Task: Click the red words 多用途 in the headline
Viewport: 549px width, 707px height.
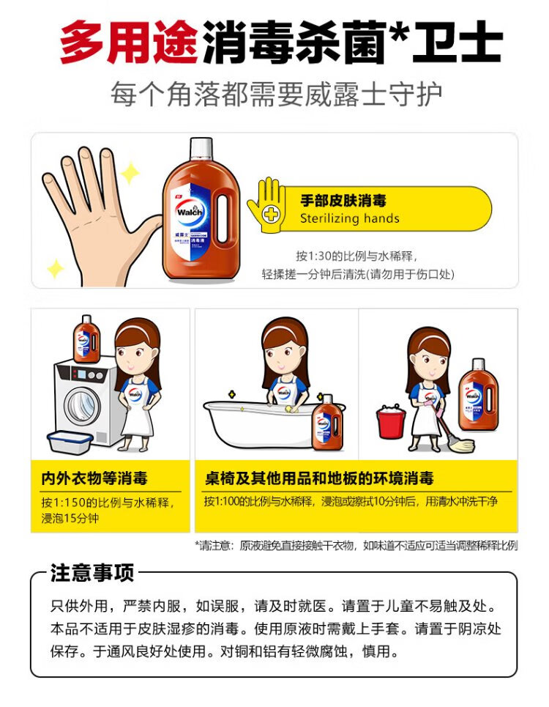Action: click(129, 42)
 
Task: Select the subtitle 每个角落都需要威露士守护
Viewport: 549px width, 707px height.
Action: click(276, 95)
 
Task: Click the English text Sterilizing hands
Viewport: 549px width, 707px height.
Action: click(349, 218)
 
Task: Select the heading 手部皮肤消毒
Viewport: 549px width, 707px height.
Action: click(343, 200)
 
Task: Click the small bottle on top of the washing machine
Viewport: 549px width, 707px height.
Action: click(86, 338)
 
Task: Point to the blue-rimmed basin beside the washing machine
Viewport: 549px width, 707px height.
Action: click(70, 442)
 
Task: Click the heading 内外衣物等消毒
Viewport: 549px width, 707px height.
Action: click(94, 478)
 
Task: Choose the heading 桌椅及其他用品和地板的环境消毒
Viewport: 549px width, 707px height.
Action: click(319, 478)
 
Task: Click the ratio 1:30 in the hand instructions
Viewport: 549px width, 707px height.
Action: click(319, 256)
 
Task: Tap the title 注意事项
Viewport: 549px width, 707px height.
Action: click(92, 573)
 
